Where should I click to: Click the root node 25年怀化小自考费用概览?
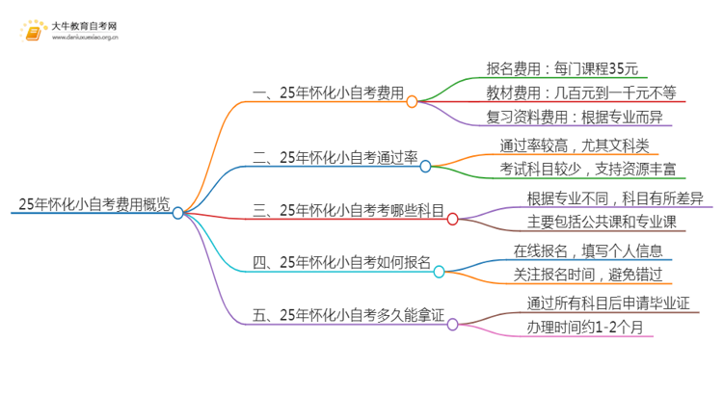tap(94, 203)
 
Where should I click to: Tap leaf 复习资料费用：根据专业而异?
tap(575, 118)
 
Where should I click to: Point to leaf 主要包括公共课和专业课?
tap(602, 223)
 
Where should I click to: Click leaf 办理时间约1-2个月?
tap(589, 327)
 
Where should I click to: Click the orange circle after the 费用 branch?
tap(413, 101)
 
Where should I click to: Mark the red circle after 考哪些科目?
tap(452, 220)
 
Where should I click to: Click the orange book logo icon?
tap(33, 34)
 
